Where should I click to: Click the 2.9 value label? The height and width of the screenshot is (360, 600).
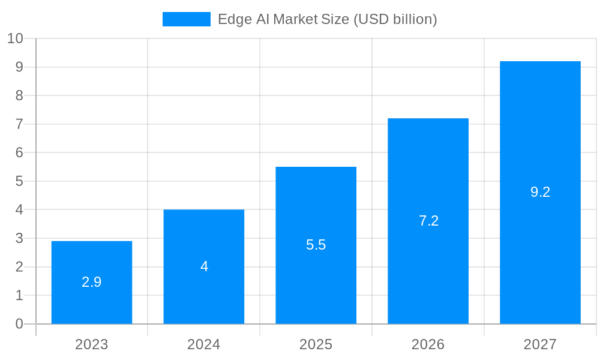coord(92,282)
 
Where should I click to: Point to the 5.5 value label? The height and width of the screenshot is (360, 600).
coord(316,245)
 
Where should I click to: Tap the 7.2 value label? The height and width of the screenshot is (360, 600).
coord(428,221)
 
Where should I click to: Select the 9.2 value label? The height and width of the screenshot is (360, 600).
coord(540,192)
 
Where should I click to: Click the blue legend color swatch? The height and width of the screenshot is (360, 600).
coord(186,19)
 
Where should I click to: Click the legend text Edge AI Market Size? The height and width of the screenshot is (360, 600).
coord(327,19)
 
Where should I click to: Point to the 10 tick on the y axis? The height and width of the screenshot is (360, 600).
coord(15,38)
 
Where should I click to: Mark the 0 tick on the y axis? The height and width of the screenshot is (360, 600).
coord(19,324)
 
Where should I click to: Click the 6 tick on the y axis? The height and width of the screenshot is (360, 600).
coord(19,152)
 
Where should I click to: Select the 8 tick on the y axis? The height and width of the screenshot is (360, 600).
coord(19,95)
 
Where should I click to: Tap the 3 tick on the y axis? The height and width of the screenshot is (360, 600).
coord(19,238)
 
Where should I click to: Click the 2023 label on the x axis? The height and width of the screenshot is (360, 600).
coord(92,344)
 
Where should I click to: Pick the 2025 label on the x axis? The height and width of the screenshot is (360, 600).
coord(316,344)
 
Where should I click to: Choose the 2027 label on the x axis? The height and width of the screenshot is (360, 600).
coord(540,344)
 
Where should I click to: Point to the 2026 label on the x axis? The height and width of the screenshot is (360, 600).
coord(428,344)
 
